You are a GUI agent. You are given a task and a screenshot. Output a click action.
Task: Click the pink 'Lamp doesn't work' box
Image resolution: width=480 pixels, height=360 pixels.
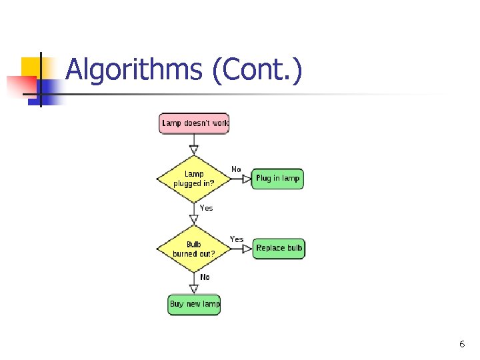click(x=194, y=123)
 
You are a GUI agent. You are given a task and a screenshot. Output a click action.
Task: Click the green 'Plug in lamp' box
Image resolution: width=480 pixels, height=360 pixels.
click(x=277, y=179)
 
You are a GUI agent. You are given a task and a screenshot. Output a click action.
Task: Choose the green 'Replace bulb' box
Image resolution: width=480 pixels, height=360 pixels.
click(x=279, y=248)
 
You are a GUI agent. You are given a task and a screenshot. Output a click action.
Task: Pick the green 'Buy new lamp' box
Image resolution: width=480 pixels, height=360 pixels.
click(x=194, y=304)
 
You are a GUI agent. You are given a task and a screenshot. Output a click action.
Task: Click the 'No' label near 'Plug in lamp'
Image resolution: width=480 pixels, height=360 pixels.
click(x=236, y=169)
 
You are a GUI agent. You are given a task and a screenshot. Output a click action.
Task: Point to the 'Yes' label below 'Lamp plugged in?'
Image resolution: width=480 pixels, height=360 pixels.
click(x=207, y=208)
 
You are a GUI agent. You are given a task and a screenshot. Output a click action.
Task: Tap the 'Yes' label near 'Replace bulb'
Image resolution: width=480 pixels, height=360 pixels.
click(x=237, y=239)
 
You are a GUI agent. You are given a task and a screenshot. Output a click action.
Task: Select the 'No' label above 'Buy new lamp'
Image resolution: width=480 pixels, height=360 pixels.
click(x=205, y=277)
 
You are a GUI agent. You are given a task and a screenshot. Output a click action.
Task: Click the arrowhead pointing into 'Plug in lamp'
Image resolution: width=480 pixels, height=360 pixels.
click(x=247, y=179)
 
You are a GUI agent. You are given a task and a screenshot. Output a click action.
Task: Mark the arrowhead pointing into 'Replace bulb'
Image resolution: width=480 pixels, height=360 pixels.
click(x=247, y=249)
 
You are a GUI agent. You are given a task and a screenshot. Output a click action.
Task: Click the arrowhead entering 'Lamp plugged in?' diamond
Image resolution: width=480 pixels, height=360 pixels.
click(x=194, y=149)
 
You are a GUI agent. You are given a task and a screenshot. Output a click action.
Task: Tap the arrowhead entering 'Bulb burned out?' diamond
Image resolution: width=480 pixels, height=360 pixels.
click(x=194, y=220)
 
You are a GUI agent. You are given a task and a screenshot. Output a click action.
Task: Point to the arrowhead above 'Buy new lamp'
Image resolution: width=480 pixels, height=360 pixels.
click(x=194, y=289)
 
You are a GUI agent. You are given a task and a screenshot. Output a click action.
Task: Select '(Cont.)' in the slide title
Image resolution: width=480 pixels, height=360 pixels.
click(x=257, y=69)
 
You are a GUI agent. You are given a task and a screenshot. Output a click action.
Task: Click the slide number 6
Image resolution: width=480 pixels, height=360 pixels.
click(x=461, y=344)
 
